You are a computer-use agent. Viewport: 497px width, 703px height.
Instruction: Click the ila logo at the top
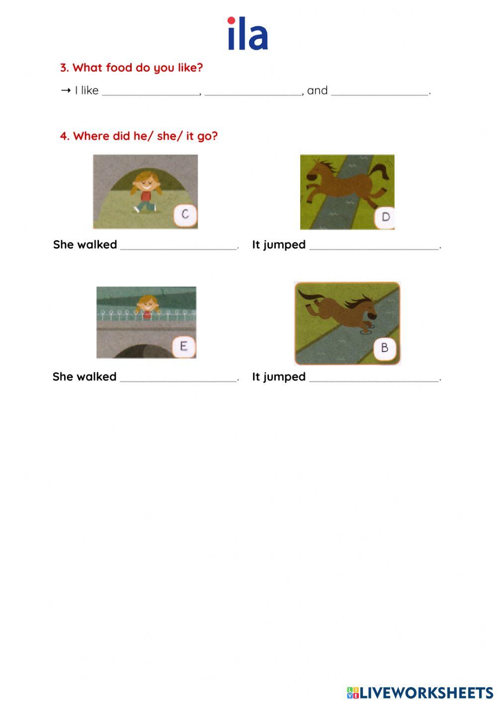tap(248, 33)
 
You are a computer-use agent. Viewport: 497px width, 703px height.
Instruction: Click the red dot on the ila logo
tap(231, 20)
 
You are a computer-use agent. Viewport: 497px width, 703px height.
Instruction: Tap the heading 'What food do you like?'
tap(132, 68)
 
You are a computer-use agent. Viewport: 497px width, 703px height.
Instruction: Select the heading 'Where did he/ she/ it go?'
tap(139, 136)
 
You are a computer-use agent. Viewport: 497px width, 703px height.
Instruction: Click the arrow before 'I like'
tap(66, 90)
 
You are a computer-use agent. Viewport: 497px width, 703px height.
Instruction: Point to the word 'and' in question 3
tap(317, 90)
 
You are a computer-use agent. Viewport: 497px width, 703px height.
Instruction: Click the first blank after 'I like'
tap(151, 94)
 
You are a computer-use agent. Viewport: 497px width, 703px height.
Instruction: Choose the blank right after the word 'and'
tap(380, 94)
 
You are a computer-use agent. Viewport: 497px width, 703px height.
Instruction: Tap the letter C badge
tap(185, 215)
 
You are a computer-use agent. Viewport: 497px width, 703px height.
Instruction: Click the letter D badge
tap(385, 217)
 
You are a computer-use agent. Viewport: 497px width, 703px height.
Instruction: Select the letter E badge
tap(183, 347)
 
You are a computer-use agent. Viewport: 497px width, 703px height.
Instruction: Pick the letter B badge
tap(385, 348)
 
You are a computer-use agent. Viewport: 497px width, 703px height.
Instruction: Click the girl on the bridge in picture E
tap(147, 307)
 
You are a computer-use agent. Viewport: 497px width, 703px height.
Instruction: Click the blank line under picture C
tap(178, 249)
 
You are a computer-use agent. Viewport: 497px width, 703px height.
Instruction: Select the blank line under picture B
tap(374, 381)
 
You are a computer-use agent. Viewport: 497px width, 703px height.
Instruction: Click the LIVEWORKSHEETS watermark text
tap(420, 693)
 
